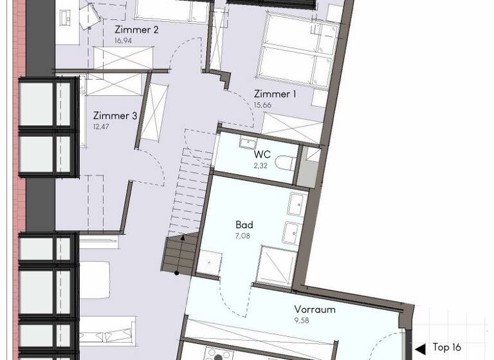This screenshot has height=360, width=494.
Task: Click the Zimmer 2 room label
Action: [x=136, y=30]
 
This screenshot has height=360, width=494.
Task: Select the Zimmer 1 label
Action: [x=275, y=94]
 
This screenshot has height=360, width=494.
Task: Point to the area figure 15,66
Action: [x=262, y=104]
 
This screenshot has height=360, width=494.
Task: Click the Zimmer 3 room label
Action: [x=115, y=116]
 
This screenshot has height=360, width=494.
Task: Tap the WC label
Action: [x=262, y=155]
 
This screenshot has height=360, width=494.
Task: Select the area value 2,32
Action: [x=261, y=165]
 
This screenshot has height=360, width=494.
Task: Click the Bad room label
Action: [x=244, y=225]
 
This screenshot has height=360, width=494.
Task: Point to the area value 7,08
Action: [x=243, y=235]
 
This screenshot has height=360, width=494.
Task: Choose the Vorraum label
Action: [x=315, y=309]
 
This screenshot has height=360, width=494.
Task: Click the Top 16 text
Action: [x=446, y=347]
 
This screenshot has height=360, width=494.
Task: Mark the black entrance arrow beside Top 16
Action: [x=421, y=348]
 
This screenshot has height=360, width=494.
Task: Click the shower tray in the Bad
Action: [x=277, y=265]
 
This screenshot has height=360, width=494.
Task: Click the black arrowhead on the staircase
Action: [x=182, y=239]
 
